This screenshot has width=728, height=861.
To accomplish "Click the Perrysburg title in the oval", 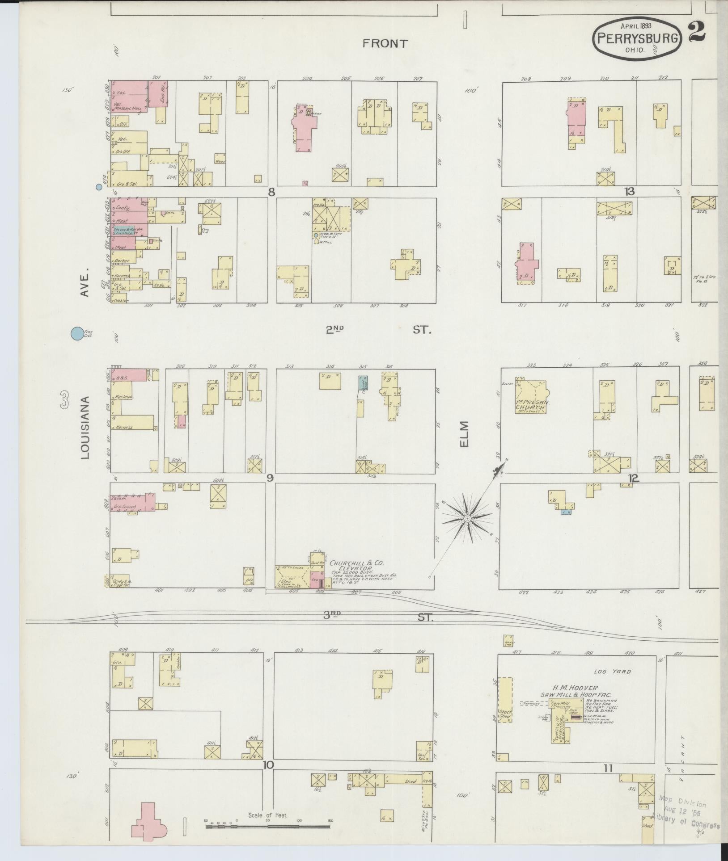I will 637,38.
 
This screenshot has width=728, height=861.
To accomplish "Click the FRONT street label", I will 385,43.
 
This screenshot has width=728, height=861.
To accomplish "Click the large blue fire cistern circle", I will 77,333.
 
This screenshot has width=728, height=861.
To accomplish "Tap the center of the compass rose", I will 467,518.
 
